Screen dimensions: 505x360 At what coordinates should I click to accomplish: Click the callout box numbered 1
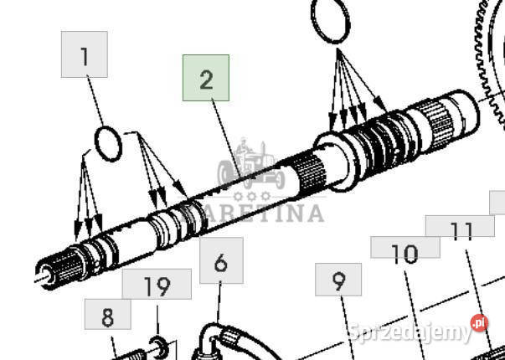coord(84,54)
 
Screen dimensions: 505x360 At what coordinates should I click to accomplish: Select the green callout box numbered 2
coord(206,78)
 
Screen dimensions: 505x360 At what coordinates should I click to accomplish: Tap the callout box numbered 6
coord(221,260)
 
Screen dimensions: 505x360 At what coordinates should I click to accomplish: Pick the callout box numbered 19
coord(157,284)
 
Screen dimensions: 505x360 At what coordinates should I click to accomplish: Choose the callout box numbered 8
coord(107,314)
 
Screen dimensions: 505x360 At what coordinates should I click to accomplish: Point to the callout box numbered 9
coord(338,279)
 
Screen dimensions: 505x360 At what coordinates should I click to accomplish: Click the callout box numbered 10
coord(405,247)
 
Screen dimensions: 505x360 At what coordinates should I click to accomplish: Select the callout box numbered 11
coord(460,226)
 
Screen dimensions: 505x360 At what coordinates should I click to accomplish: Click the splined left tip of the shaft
coord(58,269)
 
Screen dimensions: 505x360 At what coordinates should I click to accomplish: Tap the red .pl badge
coord(479,323)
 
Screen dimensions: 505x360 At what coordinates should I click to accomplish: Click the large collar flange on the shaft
coord(335,161)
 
